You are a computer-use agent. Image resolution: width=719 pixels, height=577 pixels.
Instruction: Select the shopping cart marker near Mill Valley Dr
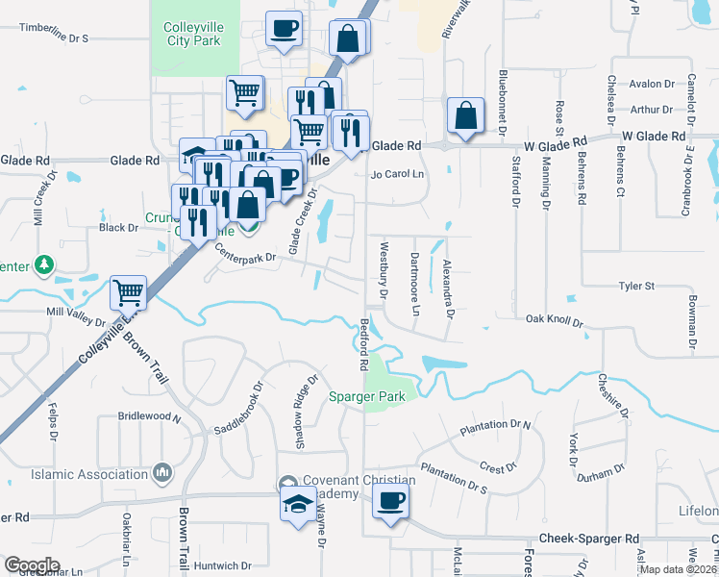pyautogui.click(x=128, y=291)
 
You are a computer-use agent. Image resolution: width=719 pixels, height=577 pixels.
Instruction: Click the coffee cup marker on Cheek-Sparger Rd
pyautogui.click(x=390, y=501)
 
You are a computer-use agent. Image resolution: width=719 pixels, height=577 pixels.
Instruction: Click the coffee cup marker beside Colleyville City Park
pyautogui.click(x=283, y=29)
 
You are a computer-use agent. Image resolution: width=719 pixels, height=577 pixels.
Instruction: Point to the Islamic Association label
pyautogui.click(x=89, y=474)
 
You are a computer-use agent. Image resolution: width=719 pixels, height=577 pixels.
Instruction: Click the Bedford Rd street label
pyautogui.click(x=364, y=346)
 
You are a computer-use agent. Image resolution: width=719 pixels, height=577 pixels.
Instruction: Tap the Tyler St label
pyautogui.click(x=636, y=286)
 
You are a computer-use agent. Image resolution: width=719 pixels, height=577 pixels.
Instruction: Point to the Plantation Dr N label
pyautogui.click(x=496, y=424)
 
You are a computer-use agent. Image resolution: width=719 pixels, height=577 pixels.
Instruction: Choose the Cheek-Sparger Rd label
pyautogui.click(x=588, y=539)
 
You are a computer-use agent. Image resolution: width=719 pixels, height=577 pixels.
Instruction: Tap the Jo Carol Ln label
pyautogui.click(x=398, y=174)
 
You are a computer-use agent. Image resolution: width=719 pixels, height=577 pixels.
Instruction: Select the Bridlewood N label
pyautogui.click(x=149, y=417)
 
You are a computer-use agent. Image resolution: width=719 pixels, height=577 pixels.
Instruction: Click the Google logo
pyautogui.click(x=32, y=565)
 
